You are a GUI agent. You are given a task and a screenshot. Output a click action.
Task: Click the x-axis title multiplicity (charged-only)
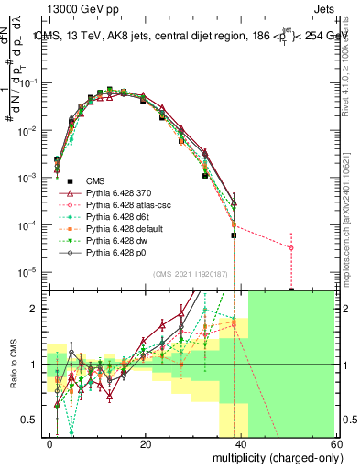click(287, 457)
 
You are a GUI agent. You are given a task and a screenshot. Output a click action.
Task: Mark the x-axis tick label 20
click(146, 444)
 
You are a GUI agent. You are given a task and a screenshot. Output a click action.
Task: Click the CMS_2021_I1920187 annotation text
click(191, 273)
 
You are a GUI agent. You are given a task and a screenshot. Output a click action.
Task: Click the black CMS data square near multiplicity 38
click(234, 235)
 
